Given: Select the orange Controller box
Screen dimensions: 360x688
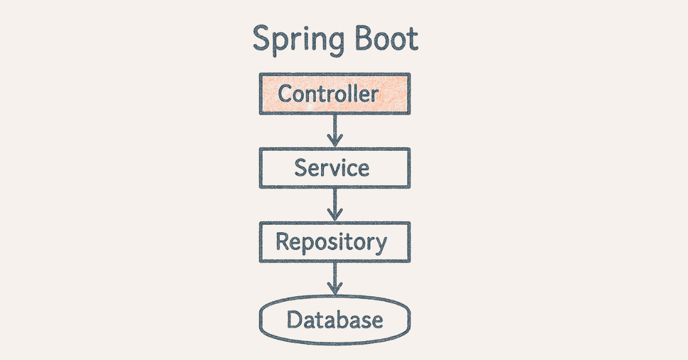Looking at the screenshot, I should coord(335,93).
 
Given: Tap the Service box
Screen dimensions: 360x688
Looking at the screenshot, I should coord(335,167).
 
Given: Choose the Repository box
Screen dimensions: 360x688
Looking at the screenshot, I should coord(335,242).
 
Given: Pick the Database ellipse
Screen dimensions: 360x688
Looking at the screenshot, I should coord(335,319).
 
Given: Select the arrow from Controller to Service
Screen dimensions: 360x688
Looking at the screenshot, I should coord(335,131).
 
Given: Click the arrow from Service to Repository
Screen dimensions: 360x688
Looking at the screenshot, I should coord(335,205).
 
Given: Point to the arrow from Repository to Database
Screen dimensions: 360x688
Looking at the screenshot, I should coord(335,280).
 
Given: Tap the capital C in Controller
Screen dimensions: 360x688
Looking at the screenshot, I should coord(285,93).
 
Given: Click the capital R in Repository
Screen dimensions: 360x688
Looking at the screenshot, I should coord(283,241).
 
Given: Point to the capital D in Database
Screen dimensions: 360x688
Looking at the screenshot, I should coord(294,319).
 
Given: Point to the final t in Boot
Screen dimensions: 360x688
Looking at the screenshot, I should coord(412,40).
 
